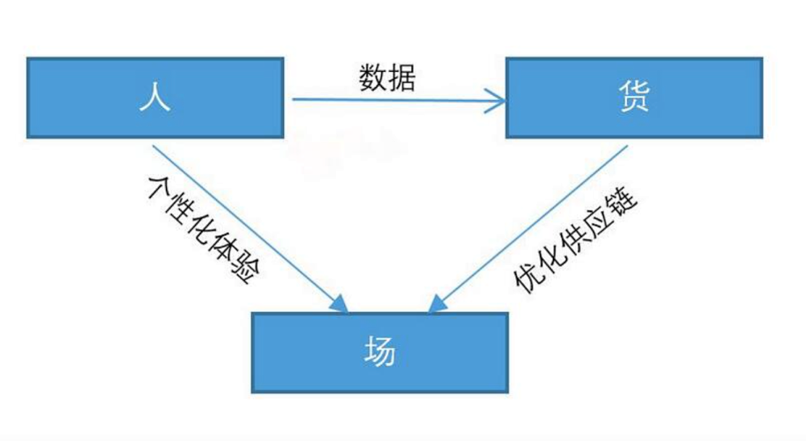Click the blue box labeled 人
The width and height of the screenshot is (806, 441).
pyautogui.click(x=155, y=98)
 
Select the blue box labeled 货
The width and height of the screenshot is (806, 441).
pyautogui.click(x=634, y=98)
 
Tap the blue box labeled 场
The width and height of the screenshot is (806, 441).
pyautogui.click(x=380, y=352)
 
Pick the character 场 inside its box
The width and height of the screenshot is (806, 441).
pyautogui.click(x=380, y=352)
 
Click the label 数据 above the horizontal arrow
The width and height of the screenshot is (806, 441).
pyautogui.click(x=387, y=77)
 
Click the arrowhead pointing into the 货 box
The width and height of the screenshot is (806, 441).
pyautogui.click(x=498, y=101)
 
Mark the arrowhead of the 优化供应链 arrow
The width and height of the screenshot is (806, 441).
pyautogui.click(x=436, y=305)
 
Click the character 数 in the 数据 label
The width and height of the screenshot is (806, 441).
pyautogui.click(x=373, y=77)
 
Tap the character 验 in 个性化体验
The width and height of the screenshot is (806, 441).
pyautogui.click(x=246, y=271)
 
